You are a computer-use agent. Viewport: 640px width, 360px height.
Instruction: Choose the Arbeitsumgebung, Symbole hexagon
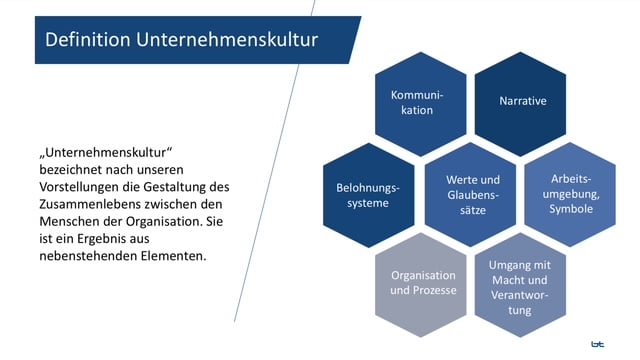pyautogui.click(x=568, y=193)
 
